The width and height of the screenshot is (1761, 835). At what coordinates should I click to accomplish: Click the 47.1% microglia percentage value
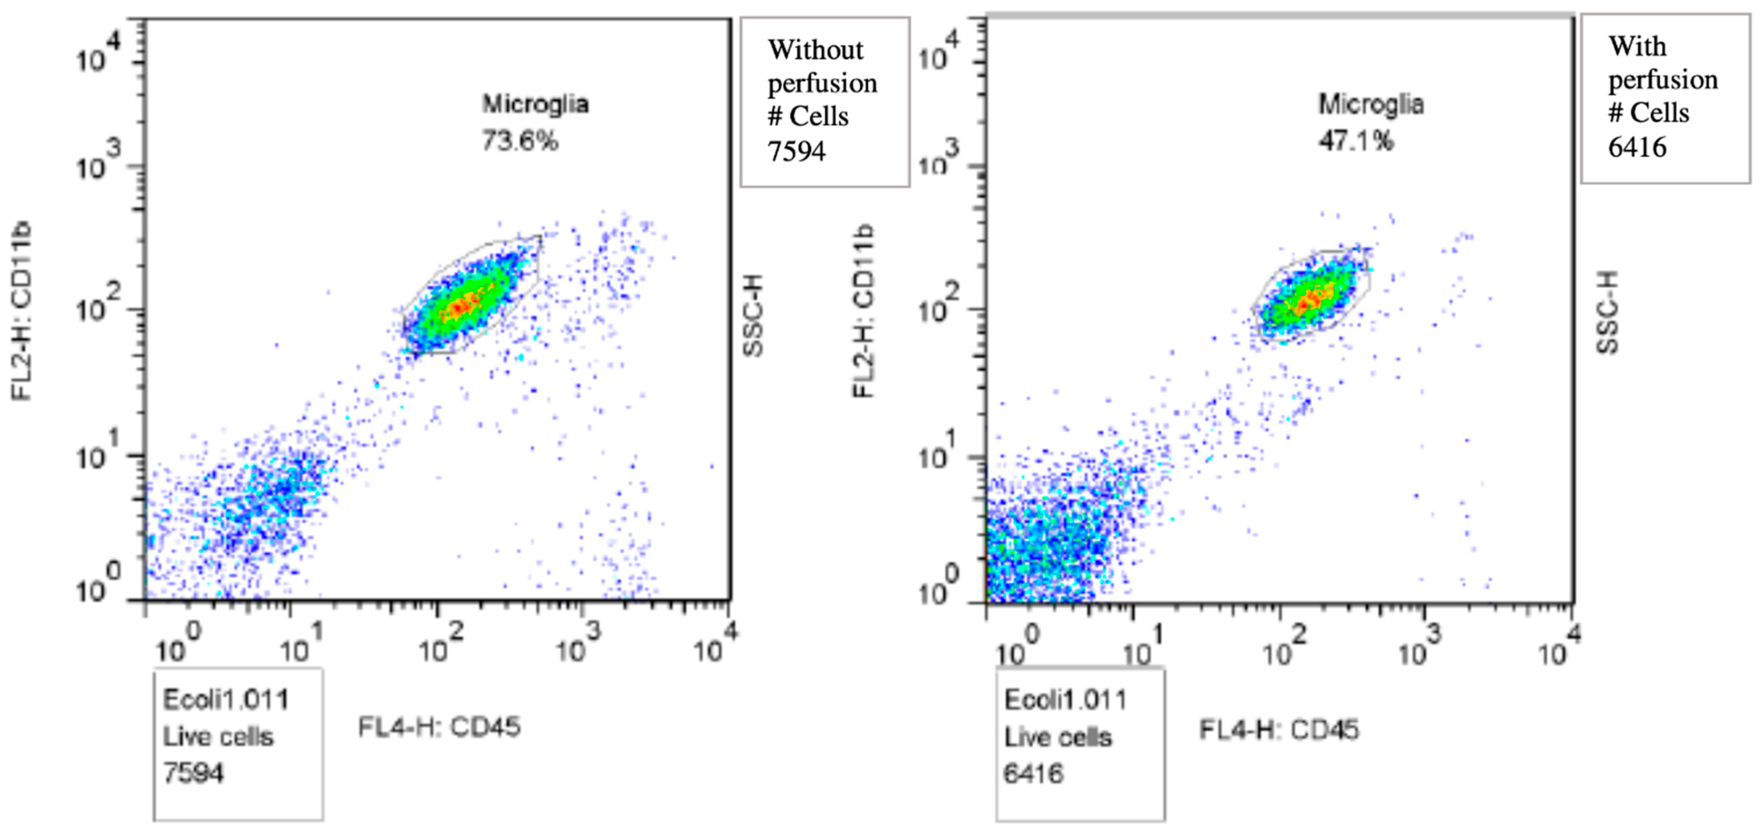click(x=1355, y=141)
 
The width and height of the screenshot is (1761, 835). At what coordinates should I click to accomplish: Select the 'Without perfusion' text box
click(x=824, y=101)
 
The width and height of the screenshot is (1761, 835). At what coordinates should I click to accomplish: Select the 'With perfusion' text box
click(x=1665, y=99)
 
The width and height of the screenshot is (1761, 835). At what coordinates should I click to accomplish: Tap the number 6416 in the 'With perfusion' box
click(x=1637, y=147)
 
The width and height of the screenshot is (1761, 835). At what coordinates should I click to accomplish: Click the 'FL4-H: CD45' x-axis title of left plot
click(x=439, y=727)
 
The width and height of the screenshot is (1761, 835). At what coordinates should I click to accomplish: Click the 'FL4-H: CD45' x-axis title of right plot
click(x=1278, y=730)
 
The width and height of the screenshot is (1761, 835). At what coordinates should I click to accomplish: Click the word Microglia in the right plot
click(x=1370, y=104)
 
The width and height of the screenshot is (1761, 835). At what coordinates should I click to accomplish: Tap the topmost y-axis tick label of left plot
click(x=98, y=55)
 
